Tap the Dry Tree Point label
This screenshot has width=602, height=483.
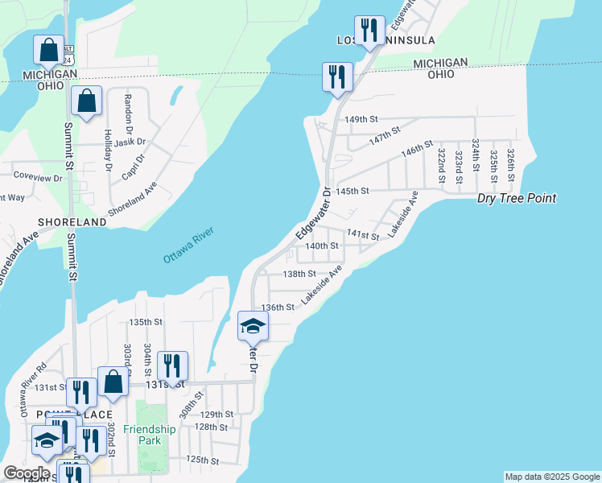[x=517, y=198]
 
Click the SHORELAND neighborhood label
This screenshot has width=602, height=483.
[x=71, y=221]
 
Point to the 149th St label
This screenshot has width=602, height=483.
[x=361, y=119]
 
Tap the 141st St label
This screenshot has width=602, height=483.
[x=362, y=234]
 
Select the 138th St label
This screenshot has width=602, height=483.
[x=299, y=274]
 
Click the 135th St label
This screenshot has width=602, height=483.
[x=146, y=322]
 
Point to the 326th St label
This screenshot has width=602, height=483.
[x=511, y=163]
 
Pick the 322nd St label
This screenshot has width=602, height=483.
[x=441, y=163]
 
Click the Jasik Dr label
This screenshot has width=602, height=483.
[x=130, y=142]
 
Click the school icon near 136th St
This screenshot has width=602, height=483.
[x=253, y=326]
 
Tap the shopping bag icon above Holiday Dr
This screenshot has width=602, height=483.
[x=86, y=101]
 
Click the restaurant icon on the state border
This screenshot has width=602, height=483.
[x=336, y=77]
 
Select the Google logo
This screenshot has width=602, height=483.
[x=26, y=473]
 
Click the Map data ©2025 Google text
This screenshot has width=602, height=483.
[x=551, y=477]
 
